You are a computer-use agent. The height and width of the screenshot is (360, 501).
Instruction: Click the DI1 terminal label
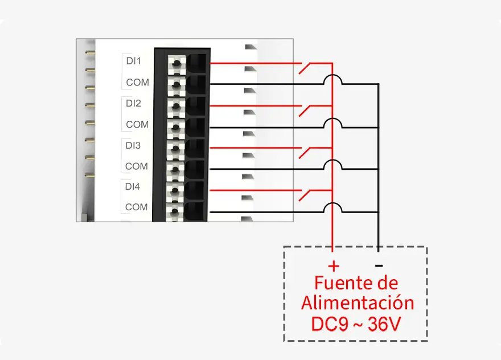133,60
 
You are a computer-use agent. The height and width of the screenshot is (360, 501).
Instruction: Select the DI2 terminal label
133,104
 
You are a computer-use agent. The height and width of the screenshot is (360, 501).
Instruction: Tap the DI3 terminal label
133,145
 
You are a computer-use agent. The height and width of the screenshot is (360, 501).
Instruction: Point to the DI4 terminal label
133,186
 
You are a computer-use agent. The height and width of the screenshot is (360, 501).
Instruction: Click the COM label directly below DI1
137,82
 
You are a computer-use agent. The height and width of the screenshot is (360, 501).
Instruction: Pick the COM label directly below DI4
137,207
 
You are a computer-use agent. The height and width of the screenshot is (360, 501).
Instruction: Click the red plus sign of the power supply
334,265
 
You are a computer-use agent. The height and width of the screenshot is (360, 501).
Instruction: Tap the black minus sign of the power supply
379,265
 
